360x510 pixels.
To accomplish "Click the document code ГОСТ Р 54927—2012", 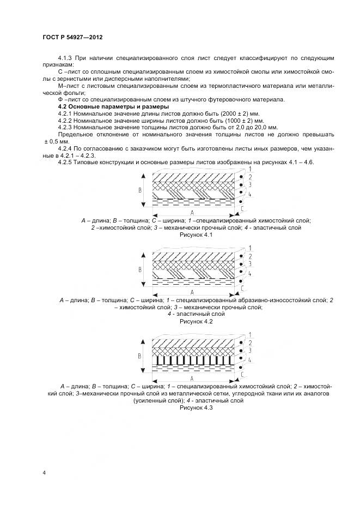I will (72, 37).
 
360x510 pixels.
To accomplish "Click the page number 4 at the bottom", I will (44, 472).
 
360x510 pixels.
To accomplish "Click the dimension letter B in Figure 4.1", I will (140, 190).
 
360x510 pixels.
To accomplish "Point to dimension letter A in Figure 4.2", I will (192, 292).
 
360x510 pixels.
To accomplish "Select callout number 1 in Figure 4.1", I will (249, 170).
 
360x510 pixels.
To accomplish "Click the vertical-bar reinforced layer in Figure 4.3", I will (193, 361).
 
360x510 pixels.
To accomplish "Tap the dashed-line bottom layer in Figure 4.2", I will (193, 283).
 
